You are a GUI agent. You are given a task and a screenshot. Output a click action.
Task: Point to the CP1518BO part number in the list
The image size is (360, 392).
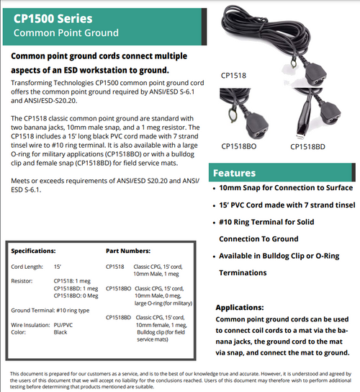click(x=118, y=288)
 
